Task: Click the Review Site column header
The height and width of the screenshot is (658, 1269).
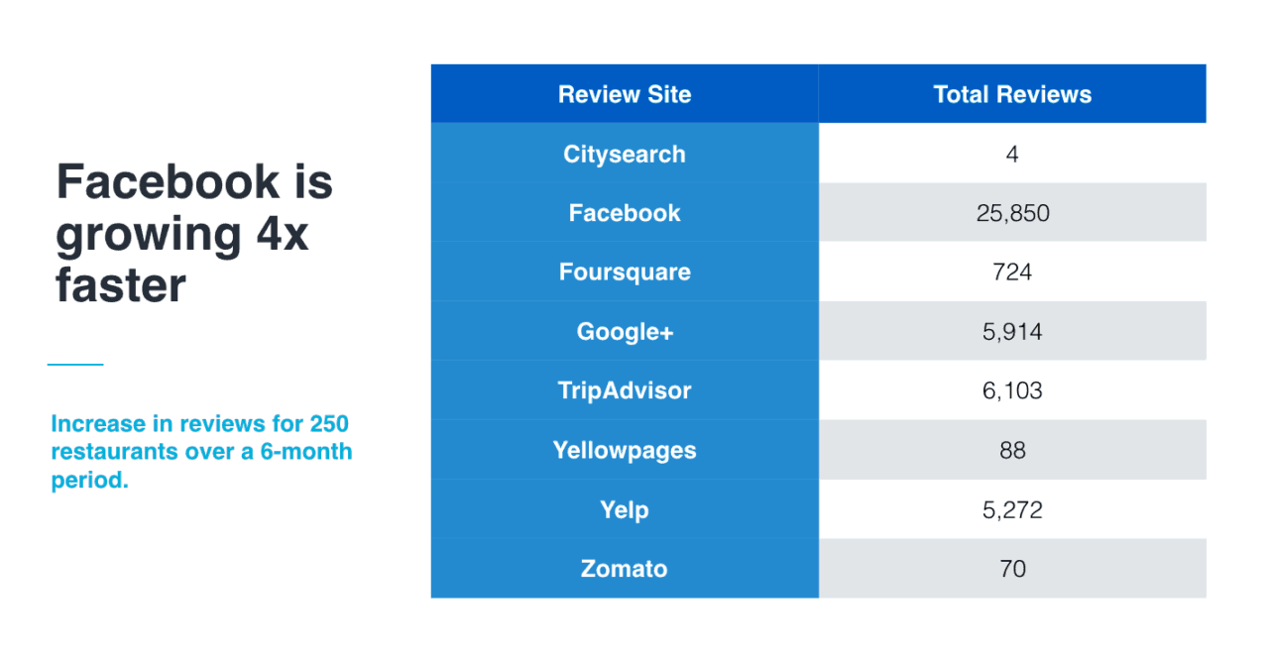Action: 625,94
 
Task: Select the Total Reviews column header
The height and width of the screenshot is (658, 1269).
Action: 1012,94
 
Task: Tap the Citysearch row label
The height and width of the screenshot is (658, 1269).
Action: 625,154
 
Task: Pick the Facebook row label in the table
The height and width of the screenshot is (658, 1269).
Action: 625,213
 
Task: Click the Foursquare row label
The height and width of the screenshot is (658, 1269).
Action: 625,273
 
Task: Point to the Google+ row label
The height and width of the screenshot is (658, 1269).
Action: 625,332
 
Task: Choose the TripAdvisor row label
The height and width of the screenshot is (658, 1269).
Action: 625,390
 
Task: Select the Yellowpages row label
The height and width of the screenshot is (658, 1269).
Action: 625,451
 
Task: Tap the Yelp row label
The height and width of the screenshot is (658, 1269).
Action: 625,510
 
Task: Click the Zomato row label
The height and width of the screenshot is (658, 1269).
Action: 625,569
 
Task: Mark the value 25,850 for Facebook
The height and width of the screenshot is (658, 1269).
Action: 1012,213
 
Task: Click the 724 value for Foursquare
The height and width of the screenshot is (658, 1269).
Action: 1012,273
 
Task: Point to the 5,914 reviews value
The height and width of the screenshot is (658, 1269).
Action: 1012,332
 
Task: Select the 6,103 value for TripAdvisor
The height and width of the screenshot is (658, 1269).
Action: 1012,390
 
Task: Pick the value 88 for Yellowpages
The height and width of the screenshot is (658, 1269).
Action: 1012,451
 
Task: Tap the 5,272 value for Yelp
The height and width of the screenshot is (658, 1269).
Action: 1012,510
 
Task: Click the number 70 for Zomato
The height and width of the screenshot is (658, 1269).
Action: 1012,569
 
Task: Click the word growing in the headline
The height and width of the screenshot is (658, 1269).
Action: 149,236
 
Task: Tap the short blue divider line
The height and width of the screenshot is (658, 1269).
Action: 75,364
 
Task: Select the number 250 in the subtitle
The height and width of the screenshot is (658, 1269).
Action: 328,423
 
